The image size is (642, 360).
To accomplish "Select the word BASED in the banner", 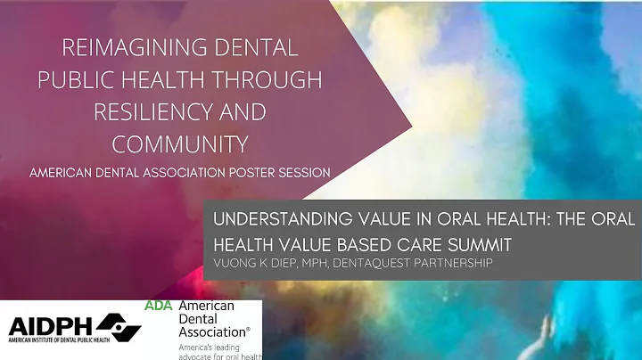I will point(342,242).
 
